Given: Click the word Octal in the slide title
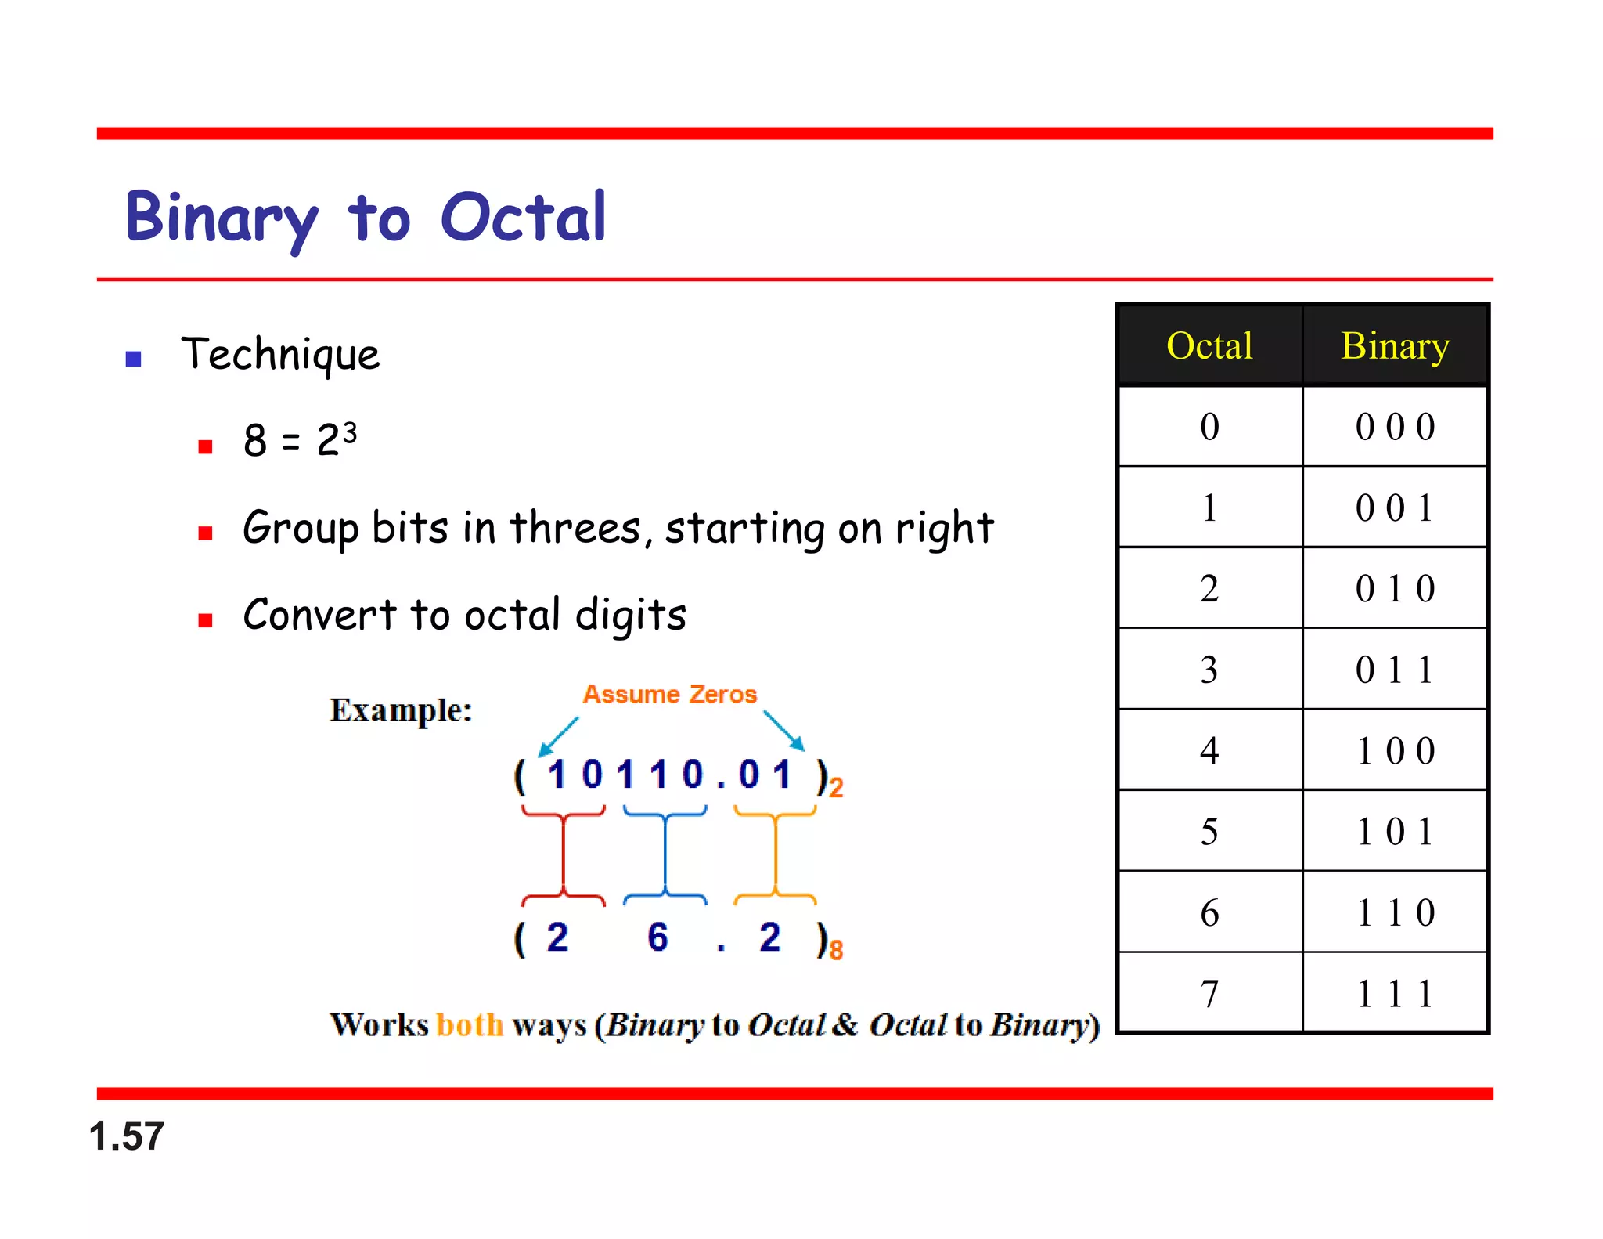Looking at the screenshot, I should (523, 217).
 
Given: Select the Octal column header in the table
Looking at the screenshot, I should (1209, 345).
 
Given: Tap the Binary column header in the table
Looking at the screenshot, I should (1395, 345).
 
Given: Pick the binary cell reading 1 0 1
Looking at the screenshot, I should (1395, 831).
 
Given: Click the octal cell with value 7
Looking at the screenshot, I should (1209, 993).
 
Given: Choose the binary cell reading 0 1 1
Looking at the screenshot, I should (1395, 670).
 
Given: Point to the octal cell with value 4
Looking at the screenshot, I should (1209, 750).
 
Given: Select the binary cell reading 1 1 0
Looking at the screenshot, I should (1395, 912).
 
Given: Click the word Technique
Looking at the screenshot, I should (280, 355).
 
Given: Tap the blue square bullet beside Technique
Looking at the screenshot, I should (133, 359).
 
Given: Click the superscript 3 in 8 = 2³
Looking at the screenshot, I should (350, 431).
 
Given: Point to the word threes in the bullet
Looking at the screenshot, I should (575, 527).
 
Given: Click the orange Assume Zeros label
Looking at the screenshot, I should (670, 694).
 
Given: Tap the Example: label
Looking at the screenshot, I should (401, 710).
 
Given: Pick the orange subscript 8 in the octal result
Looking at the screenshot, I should (836, 951).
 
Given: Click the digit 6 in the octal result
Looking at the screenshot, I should (657, 937).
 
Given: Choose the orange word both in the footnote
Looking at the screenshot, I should (470, 1024).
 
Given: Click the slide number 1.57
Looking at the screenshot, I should (127, 1136).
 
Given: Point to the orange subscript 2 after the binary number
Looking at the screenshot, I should (836, 787).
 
